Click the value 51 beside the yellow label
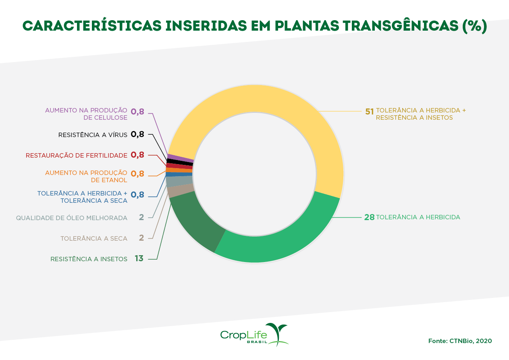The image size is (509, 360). click(x=370, y=112)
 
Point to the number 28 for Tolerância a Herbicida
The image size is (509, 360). click(x=369, y=217)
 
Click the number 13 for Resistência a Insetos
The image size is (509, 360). click(x=139, y=258)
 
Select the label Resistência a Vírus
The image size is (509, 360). click(x=93, y=135)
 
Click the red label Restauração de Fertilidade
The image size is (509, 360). click(x=77, y=155)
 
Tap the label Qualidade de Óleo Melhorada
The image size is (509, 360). click(x=72, y=218)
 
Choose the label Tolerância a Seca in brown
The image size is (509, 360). click(x=94, y=238)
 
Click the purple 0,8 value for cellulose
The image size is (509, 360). click(x=137, y=112)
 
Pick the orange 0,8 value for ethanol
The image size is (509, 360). click(x=137, y=174)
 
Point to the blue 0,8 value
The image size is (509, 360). click(x=137, y=195)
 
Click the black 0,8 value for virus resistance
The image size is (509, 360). click(x=137, y=135)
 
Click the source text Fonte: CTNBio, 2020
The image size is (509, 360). click(x=460, y=341)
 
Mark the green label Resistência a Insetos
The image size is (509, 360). click(x=89, y=259)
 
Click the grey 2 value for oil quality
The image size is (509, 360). click(x=141, y=218)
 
